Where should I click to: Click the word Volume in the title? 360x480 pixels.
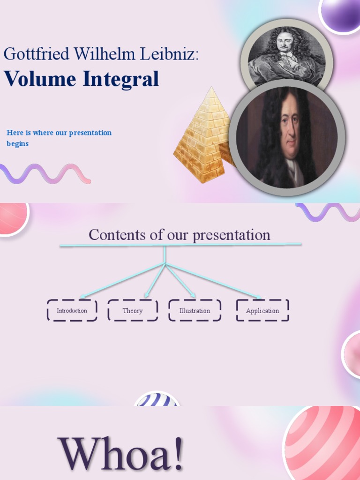coord(40,79)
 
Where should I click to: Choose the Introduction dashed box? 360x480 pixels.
coord(72,310)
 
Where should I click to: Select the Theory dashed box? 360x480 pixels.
coord(133,310)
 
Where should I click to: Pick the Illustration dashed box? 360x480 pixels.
coord(195,310)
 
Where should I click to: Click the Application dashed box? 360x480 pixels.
coord(262,310)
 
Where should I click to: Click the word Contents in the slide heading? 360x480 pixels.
coord(118,235)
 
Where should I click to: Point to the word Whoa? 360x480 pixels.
coord(120,453)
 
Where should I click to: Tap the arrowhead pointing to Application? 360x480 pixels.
coord(258,297)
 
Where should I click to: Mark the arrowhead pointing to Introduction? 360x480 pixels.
coord(82,297)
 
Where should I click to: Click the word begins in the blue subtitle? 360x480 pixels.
coord(18,144)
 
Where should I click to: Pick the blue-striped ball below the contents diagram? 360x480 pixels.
coord(157,400)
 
